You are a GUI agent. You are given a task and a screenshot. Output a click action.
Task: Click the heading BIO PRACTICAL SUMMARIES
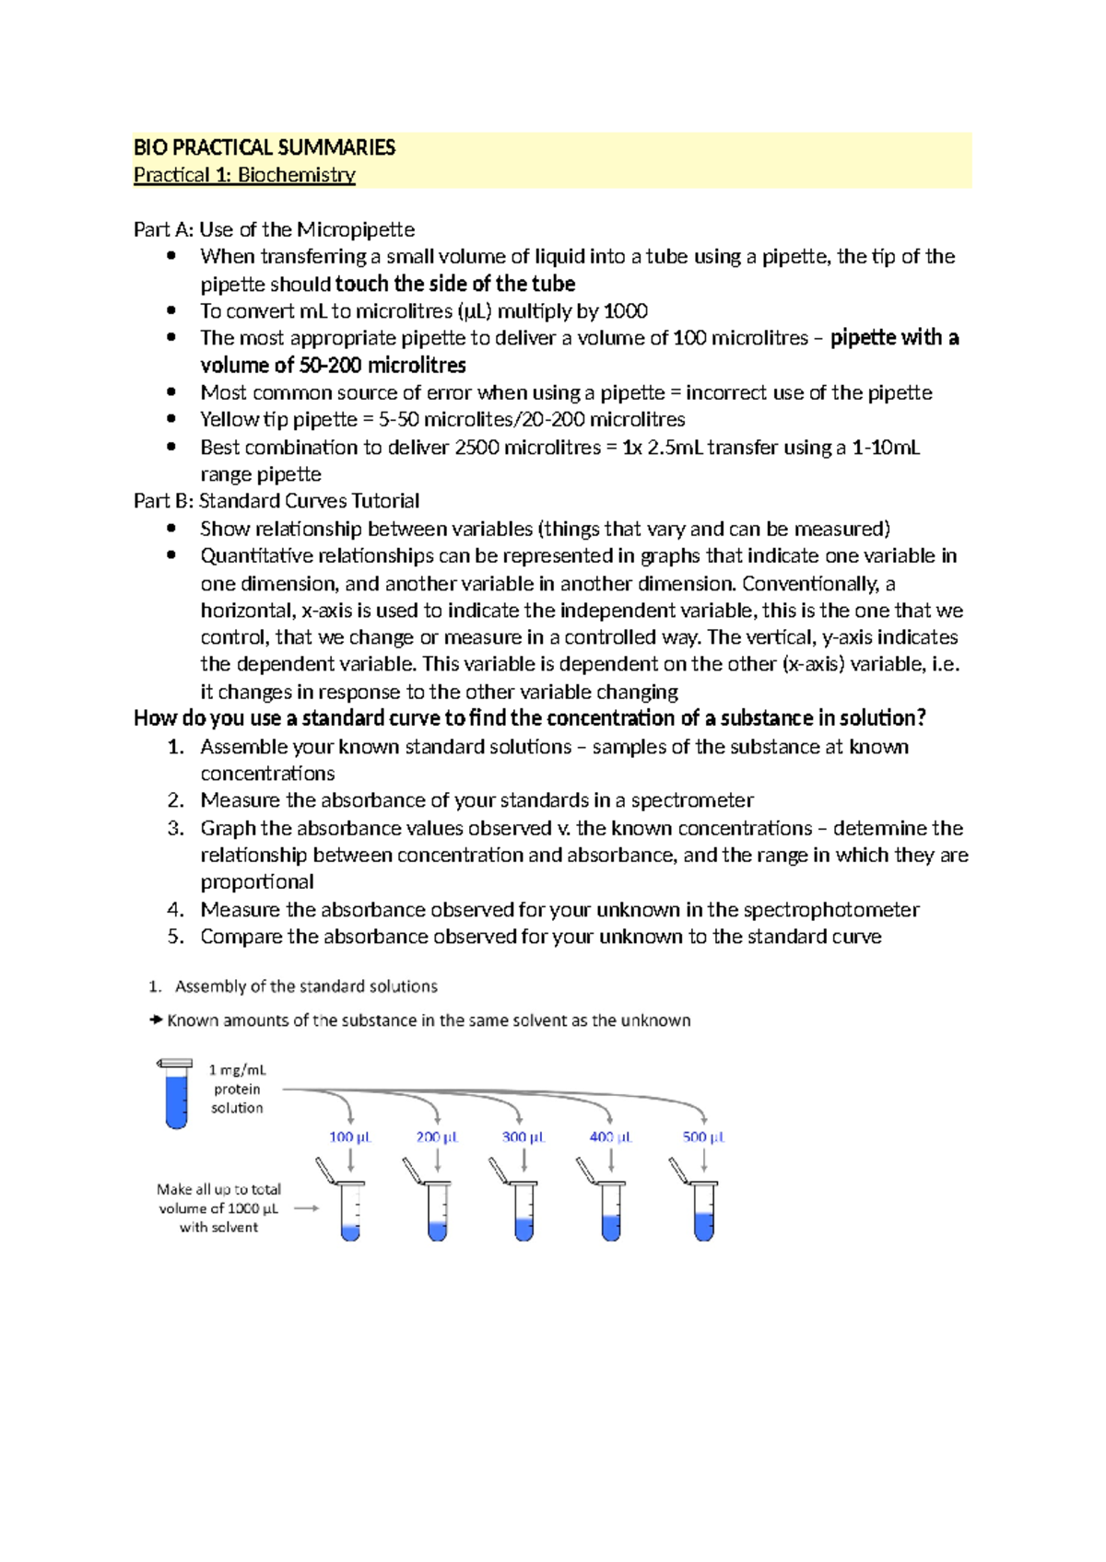[265, 147]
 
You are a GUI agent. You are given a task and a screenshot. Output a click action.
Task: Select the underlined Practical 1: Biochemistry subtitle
[244, 175]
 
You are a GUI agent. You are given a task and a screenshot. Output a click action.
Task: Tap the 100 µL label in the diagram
[349, 1137]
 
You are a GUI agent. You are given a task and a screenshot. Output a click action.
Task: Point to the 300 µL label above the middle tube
[523, 1137]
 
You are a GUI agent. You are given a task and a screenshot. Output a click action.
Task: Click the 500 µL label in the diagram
[703, 1137]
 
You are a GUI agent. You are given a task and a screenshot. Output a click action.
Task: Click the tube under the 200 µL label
[438, 1210]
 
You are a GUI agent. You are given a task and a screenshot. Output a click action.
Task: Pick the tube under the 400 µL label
[610, 1210]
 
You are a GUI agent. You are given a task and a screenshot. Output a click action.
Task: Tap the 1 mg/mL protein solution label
[237, 1089]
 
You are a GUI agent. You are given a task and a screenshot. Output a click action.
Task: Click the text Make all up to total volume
[218, 1198]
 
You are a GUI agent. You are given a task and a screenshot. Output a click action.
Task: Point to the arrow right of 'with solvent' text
[307, 1208]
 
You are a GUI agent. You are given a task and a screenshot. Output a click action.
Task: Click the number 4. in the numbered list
[176, 910]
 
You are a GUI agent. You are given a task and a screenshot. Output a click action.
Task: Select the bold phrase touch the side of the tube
[455, 284]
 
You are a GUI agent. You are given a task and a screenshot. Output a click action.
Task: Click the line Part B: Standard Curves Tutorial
[276, 501]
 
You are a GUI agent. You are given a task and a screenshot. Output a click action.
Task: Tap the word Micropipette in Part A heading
[355, 229]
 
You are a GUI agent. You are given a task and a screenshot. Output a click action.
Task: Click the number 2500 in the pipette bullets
[478, 448]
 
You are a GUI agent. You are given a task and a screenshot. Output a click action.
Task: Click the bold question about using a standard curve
[530, 718]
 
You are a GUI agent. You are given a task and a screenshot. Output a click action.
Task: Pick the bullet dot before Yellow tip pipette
[171, 420]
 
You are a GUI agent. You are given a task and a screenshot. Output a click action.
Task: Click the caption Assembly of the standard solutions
[306, 986]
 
